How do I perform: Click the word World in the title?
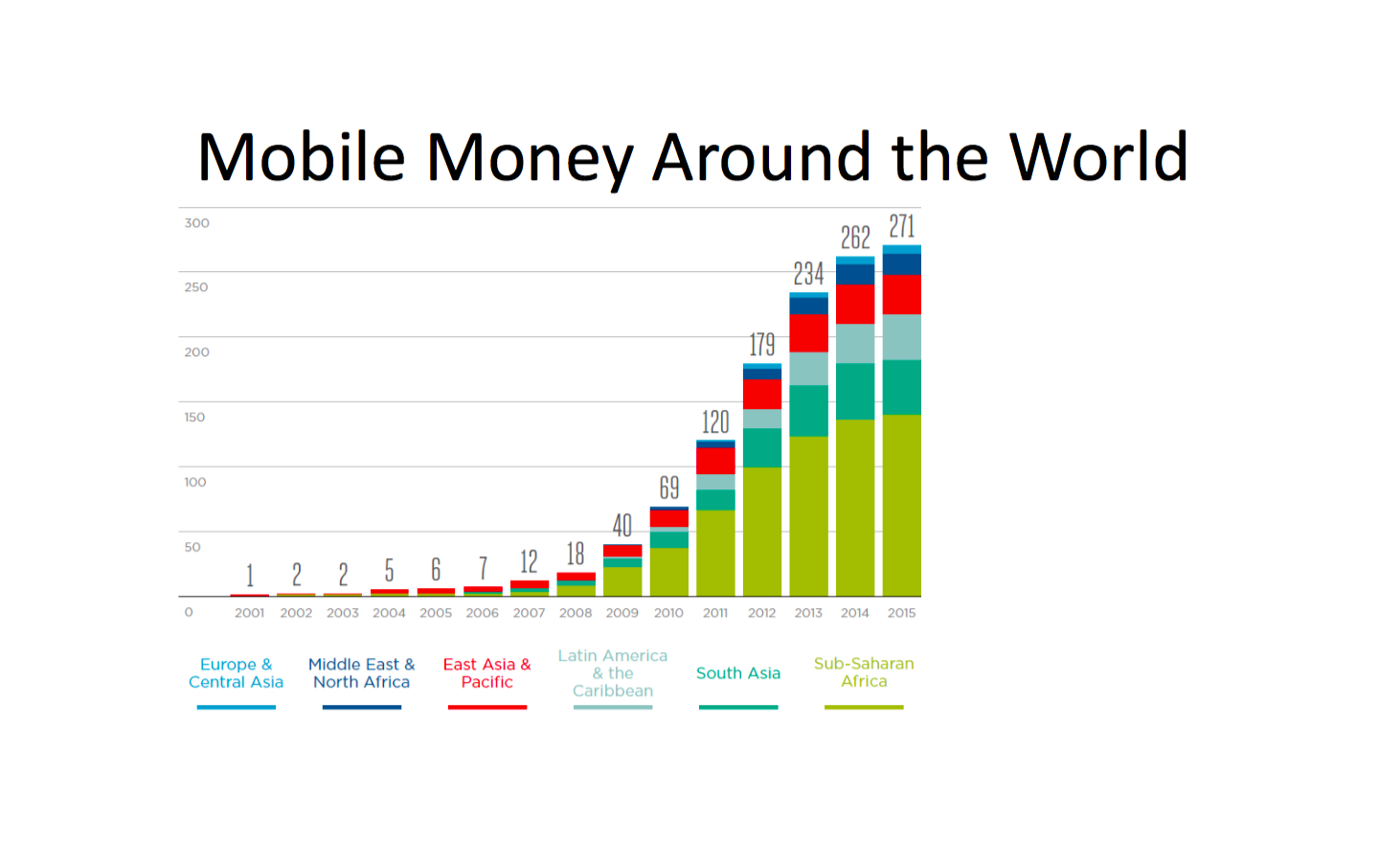[x=1098, y=157]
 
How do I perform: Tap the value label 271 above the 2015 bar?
[x=902, y=226]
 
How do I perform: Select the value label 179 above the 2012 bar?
[x=762, y=344]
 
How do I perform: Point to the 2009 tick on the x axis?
[x=622, y=613]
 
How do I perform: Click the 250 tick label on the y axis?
[x=196, y=287]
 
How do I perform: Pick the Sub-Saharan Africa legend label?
[x=864, y=672]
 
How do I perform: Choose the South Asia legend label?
[x=738, y=673]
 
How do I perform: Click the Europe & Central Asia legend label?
[x=236, y=673]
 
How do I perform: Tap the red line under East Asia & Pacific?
[x=486, y=708]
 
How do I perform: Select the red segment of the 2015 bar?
[x=902, y=295]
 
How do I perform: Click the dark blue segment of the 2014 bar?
[x=855, y=275]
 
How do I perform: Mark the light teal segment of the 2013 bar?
[x=809, y=369]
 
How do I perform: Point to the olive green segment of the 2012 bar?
[x=762, y=532]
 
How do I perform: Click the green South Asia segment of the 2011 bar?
[x=715, y=500]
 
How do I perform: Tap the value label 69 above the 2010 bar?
[x=669, y=488]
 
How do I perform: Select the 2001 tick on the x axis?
[x=249, y=613]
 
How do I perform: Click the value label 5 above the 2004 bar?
[x=389, y=570]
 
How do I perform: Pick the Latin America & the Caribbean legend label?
[x=613, y=673]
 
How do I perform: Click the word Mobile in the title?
[x=301, y=157]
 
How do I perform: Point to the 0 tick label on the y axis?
[x=189, y=612]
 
